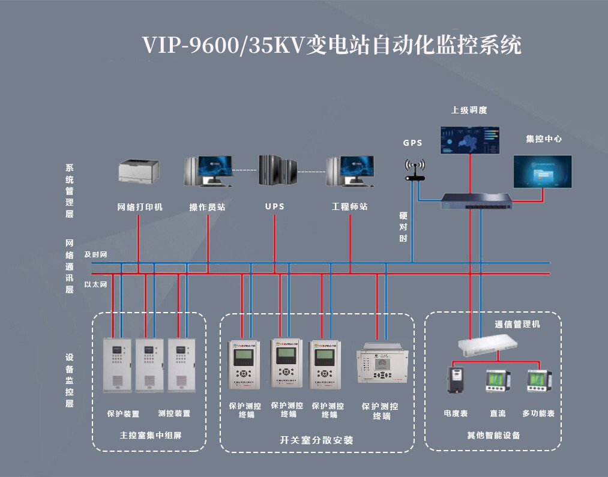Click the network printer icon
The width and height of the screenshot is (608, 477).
tap(139, 170)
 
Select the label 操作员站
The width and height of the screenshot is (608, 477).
tap(207, 207)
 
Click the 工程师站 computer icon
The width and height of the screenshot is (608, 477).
tap(351, 171)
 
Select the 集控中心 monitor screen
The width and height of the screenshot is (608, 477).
tap(543, 172)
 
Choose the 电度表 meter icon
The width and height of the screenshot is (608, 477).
tap(456, 380)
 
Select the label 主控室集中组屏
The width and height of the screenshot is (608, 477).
tap(151, 435)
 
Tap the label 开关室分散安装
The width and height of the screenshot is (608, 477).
tap(317, 440)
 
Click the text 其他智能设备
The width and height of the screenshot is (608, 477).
tap(493, 435)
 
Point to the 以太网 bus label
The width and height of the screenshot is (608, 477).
tap(95, 284)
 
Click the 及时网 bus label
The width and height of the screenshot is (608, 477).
tap(95, 254)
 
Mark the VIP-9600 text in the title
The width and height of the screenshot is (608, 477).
tap(190, 46)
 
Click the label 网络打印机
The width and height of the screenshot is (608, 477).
tap(140, 207)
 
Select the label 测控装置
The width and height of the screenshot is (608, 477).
tap(174, 413)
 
